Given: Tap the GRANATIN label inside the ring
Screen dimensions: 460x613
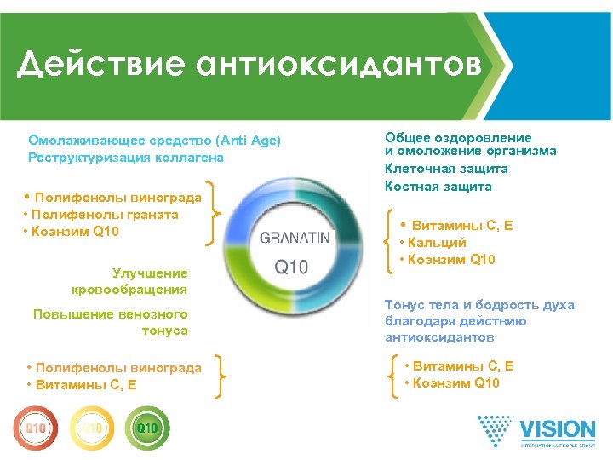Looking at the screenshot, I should [x=294, y=238].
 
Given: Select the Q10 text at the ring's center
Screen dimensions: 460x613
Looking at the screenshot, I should [x=292, y=267].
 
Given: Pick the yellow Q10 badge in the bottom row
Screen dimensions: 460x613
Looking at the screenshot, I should [x=90, y=425].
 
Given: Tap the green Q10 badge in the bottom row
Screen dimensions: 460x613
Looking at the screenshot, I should [x=146, y=425].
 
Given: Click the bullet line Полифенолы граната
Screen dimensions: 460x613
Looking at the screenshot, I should [x=101, y=215].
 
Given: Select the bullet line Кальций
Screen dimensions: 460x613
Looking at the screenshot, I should [x=434, y=243].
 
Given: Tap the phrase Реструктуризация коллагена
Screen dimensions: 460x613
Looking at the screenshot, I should [x=126, y=158].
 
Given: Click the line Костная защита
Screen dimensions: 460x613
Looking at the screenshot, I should [x=438, y=186].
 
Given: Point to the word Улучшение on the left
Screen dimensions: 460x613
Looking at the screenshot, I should [x=150, y=273].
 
